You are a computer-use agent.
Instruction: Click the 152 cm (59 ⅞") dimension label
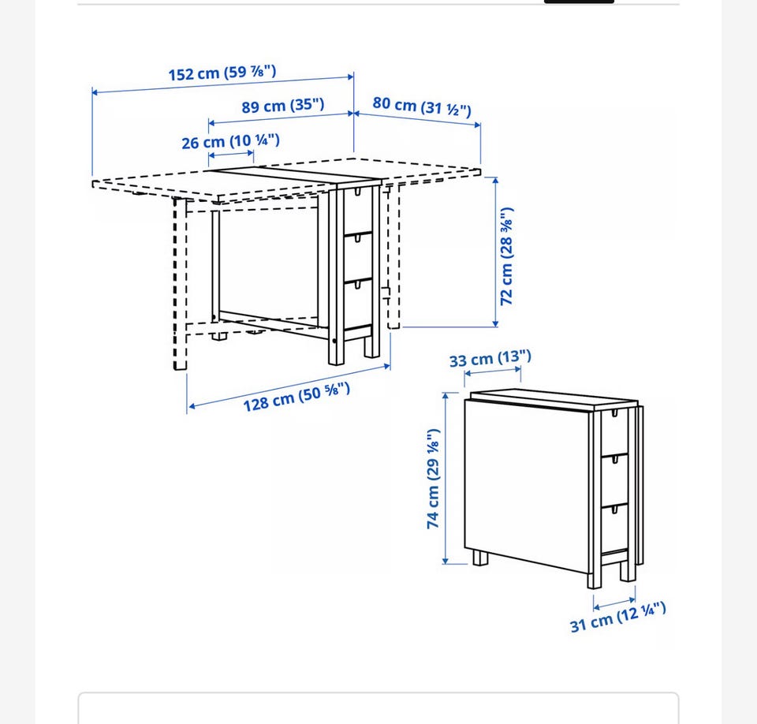222,73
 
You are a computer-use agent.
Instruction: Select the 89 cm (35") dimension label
283,106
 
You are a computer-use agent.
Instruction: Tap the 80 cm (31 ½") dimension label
421,106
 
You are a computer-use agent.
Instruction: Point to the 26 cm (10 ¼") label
230,141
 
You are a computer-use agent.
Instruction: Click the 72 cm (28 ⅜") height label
506,256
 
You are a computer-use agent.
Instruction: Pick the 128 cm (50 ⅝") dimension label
296,397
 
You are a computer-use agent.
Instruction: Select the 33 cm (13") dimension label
490,359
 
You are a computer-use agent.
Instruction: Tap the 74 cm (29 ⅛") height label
433,478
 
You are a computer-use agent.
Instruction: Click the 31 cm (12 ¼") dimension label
618,617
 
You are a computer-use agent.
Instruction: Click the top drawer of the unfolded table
358,211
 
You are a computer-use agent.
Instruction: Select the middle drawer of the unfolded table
358,257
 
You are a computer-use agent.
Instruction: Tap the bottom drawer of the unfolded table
358,304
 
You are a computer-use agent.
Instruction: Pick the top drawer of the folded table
614,432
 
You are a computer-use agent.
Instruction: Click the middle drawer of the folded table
614,480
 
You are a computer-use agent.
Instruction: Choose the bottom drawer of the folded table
614,528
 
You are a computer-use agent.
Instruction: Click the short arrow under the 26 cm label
231,155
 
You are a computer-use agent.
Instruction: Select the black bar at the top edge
579,2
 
